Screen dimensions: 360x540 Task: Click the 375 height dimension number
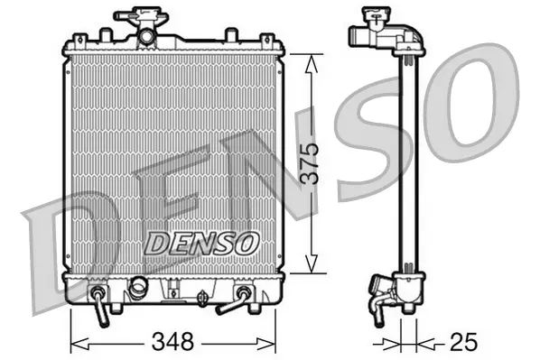pos(311,163)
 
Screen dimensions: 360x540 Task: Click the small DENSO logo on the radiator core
pos(203,242)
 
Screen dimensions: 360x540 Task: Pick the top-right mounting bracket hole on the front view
pos(266,42)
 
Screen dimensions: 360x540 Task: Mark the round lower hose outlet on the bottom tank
pos(137,288)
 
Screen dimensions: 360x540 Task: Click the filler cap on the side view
pos(371,16)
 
